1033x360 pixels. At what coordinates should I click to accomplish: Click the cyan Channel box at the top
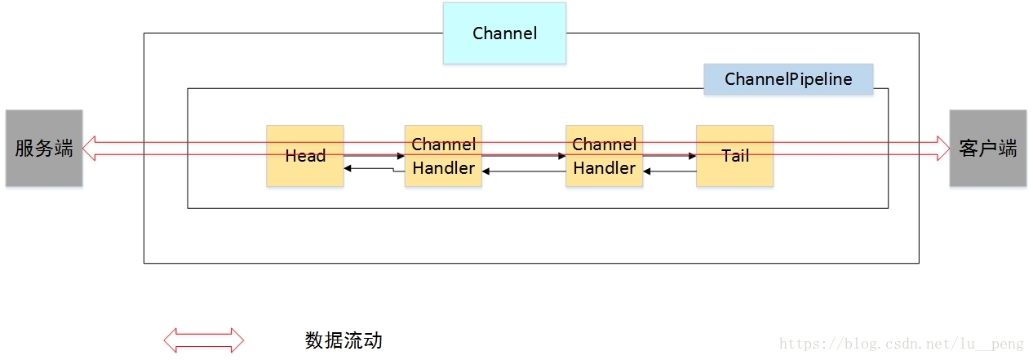[x=504, y=33]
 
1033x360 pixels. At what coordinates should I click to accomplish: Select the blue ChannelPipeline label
[x=788, y=79]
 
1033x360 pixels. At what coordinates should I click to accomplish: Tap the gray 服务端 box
[x=44, y=149]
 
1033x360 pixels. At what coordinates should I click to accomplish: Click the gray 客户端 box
[x=988, y=149]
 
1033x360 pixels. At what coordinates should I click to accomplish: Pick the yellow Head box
[x=305, y=156]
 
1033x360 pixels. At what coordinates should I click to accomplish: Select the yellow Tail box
[x=734, y=156]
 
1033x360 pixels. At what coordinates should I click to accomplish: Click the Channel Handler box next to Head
[x=443, y=156]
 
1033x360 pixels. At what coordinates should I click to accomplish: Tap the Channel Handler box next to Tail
[x=604, y=156]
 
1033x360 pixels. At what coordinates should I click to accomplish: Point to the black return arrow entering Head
[x=349, y=168]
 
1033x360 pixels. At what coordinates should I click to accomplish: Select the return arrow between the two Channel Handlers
[x=522, y=171]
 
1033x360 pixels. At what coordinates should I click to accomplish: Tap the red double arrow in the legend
[x=204, y=340]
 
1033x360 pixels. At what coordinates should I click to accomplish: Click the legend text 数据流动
[x=344, y=340]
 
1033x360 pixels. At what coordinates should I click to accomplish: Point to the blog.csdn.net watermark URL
[x=901, y=344]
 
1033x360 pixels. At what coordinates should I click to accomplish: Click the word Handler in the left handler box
[x=443, y=168]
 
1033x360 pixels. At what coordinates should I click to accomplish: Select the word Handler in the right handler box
[x=604, y=168]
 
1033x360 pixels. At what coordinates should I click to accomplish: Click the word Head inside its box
[x=305, y=156]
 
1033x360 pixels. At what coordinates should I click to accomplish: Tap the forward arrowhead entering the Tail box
[x=692, y=155]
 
